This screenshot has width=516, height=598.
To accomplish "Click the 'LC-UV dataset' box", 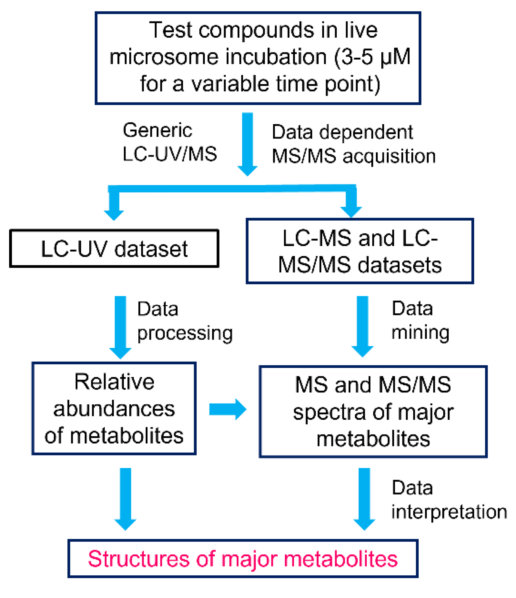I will click(x=114, y=249).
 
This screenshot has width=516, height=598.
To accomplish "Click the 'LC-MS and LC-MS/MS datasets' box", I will click(x=360, y=251).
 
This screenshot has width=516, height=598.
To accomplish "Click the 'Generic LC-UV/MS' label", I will click(x=169, y=142).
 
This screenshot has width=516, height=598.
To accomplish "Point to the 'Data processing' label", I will click(x=185, y=321).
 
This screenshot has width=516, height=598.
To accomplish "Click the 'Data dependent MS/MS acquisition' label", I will click(x=353, y=144).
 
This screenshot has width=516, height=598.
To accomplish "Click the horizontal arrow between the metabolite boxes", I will click(x=228, y=409).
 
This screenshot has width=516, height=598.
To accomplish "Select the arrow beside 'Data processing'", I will click(x=120, y=326).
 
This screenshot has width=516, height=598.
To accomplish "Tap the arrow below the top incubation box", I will click(x=247, y=143).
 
